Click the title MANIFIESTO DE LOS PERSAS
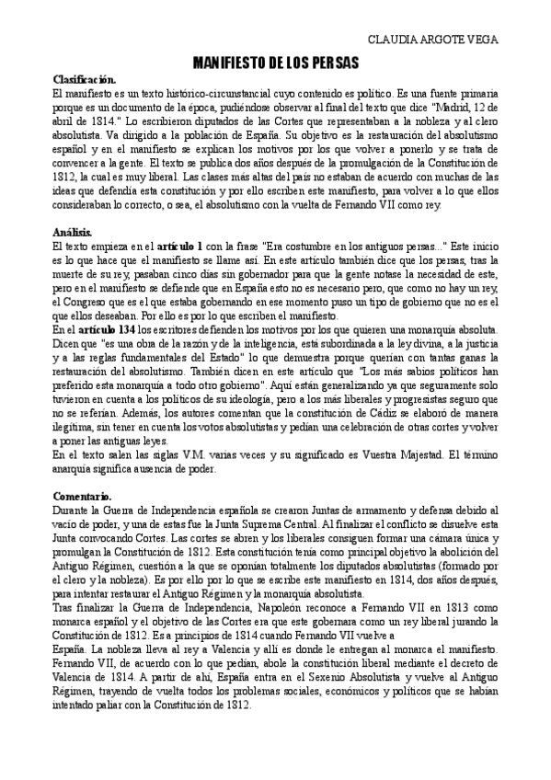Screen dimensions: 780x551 (x=275, y=63)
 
